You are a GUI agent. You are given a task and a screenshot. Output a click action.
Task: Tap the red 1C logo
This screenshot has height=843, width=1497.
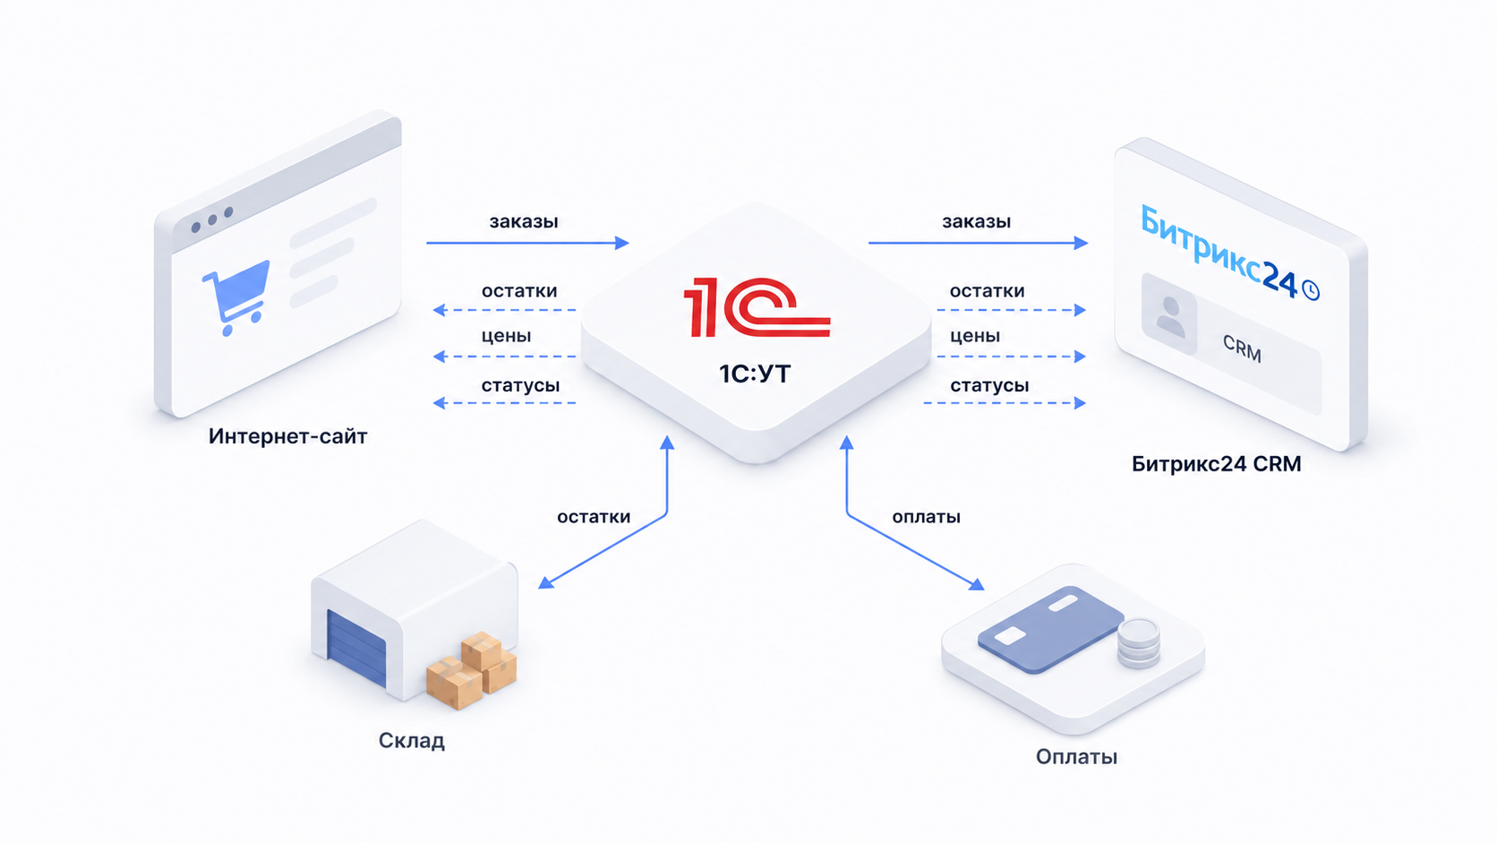757,307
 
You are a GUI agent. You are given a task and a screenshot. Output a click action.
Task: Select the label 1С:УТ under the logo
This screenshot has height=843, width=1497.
755,374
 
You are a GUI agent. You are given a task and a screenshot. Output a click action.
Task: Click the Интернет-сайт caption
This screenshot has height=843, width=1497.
288,436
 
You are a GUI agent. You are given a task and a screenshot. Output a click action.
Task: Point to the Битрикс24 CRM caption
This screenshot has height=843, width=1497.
1216,464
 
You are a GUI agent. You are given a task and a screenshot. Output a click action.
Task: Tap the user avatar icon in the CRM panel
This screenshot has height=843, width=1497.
1170,316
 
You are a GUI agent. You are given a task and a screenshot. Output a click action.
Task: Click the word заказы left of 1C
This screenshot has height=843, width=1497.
523,222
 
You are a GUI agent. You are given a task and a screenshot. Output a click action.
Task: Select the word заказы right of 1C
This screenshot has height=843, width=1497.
977,222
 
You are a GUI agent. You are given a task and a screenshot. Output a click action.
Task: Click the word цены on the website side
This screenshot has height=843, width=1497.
506,336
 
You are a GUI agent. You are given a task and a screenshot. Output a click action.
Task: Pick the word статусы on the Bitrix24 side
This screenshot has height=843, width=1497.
989,386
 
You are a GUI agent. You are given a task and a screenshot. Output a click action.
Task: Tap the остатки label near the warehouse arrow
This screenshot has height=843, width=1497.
594,517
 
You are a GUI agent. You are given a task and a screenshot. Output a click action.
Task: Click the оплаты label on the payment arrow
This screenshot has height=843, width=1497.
927,517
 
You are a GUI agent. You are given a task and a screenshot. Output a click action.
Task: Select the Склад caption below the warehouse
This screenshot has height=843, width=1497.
412,741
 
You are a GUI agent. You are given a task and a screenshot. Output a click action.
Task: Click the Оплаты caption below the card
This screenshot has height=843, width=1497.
1076,757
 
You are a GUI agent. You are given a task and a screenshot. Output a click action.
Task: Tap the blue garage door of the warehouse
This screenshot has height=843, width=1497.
356,648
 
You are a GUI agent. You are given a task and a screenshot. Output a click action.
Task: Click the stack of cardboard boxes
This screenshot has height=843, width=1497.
472,670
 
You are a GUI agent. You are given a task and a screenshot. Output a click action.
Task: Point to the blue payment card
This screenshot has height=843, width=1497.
1049,628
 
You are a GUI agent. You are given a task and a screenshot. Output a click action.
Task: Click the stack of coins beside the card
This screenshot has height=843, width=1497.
1139,643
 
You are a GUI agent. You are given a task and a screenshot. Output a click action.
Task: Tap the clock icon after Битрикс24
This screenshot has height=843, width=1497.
1311,291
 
